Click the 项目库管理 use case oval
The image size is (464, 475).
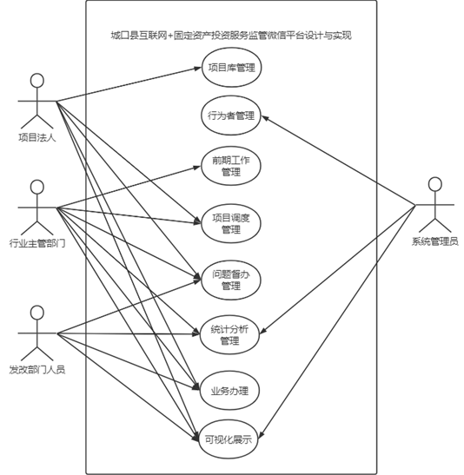coord(231,68)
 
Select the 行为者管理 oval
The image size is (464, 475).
coord(231,115)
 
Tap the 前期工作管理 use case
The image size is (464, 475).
coord(231,166)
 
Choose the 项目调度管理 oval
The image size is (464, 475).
coord(231,223)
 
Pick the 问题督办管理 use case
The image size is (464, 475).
coord(231,280)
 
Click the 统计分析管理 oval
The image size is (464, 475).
coord(229,334)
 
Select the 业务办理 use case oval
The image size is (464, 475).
coord(229,391)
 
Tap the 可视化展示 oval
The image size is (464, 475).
coord(229,439)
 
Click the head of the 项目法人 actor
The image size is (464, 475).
coord(37,81)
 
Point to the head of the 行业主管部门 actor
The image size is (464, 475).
coord(37,188)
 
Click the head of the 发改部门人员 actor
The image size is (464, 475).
coord(37,313)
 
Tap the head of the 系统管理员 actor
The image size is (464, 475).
coord(435,184)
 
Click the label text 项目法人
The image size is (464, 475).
coord(37,138)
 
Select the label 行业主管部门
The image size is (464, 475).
coord(37,243)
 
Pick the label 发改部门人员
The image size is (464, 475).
coord(37,370)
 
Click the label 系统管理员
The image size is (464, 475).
coord(435,241)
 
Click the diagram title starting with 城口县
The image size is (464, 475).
coord(231,36)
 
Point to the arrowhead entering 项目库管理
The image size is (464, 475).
coord(198,68)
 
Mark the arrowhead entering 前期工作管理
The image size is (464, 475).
coord(197,167)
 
